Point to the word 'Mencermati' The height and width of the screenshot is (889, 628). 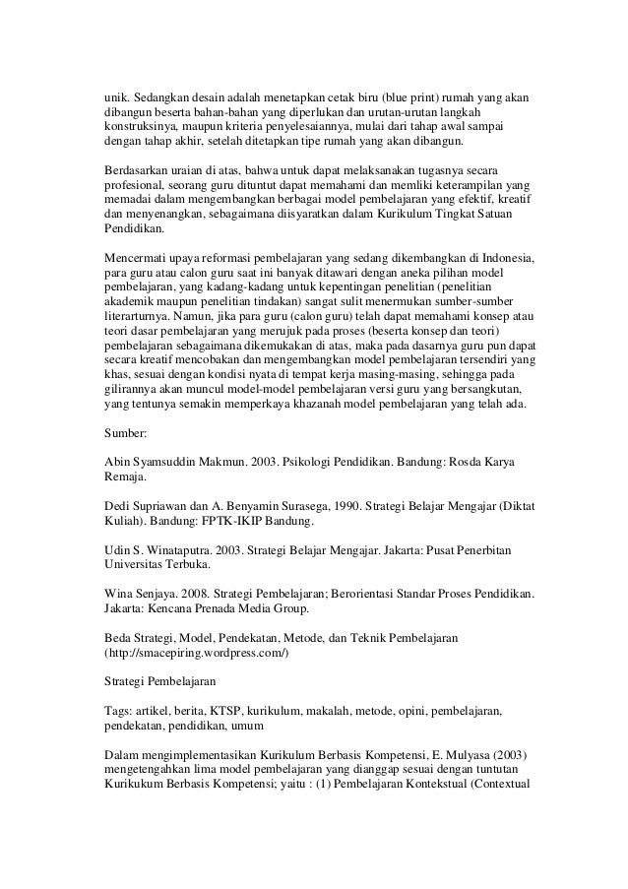[135, 254]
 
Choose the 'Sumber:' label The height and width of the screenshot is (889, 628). [126, 433]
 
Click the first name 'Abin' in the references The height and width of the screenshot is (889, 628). [117, 461]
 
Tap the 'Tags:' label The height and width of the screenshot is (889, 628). [119, 710]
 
